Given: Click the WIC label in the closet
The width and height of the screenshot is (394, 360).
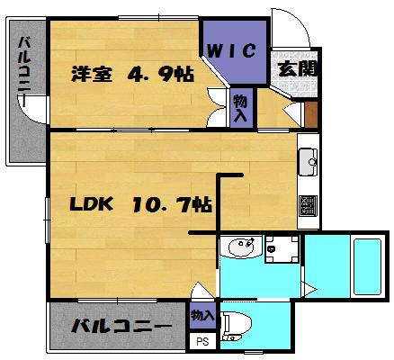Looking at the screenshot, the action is click(231, 50).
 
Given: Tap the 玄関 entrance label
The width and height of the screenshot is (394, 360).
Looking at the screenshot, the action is click(297, 69).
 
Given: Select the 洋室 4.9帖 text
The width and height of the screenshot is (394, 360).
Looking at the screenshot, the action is click(132, 74).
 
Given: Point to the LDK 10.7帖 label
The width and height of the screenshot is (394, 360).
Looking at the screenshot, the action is click(141, 204).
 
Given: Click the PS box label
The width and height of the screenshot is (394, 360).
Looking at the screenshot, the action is click(202, 341).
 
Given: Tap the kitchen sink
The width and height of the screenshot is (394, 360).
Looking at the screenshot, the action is click(309, 162).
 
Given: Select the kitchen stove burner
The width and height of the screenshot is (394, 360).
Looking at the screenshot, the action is click(309, 206).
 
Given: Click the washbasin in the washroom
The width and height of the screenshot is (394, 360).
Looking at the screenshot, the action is click(242, 247).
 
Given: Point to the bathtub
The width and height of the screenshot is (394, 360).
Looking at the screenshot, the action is click(367, 266).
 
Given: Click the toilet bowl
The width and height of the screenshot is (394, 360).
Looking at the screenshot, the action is click(237, 326).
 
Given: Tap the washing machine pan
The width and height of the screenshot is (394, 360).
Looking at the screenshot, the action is click(282, 249).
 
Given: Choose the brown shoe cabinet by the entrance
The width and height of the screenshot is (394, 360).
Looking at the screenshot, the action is click(311, 114).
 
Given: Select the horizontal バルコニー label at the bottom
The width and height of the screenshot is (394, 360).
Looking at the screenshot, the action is click(121, 326).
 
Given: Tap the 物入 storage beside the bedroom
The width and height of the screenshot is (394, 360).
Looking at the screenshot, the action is click(240, 108).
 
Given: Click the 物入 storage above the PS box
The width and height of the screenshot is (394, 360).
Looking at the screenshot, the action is click(202, 316).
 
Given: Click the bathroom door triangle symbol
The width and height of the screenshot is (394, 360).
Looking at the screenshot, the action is click(309, 290).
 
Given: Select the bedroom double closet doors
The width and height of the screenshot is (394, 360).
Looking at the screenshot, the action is click(217, 107).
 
